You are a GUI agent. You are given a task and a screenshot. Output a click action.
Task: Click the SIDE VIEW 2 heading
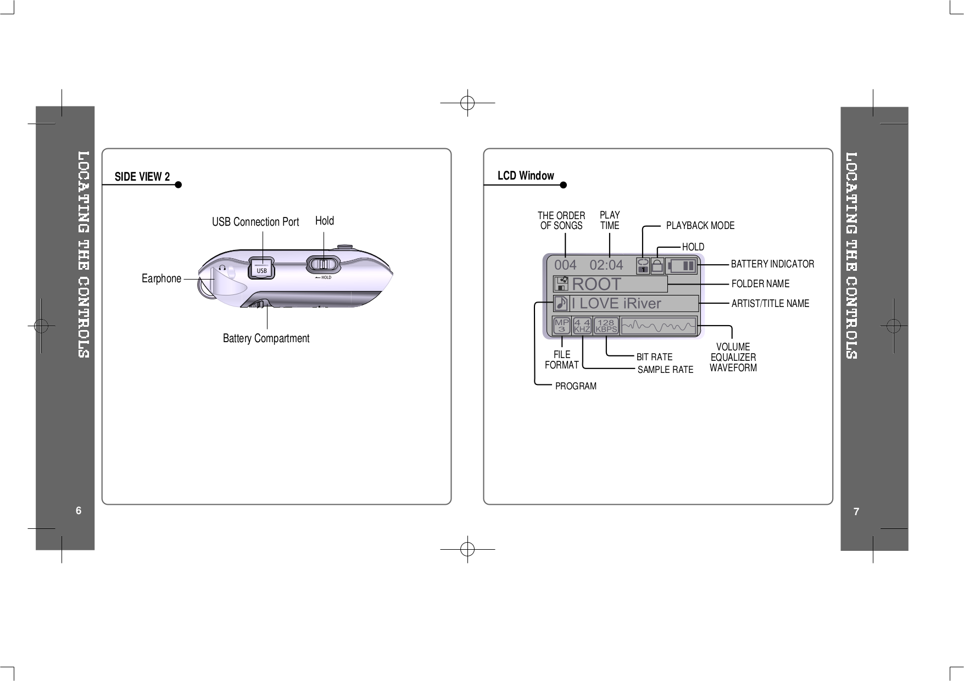[142, 176]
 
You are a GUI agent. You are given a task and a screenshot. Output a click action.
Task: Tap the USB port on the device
[262, 268]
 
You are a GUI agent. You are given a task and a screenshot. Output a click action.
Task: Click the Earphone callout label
[161, 278]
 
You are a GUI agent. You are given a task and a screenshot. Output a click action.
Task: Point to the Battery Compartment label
[266, 338]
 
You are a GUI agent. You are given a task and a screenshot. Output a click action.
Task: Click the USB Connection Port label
[255, 222]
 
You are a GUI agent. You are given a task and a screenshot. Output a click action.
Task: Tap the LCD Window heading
[526, 176]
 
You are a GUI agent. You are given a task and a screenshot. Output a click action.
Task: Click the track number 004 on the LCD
[565, 265]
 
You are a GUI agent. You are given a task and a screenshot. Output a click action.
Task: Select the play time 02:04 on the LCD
[606, 265]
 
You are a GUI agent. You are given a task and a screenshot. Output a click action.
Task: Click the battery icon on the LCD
[682, 266]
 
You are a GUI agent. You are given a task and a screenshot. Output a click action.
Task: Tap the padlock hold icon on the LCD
[657, 266]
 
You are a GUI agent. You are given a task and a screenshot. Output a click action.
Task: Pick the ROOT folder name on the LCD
[597, 284]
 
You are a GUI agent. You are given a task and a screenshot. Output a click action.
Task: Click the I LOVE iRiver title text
[616, 303]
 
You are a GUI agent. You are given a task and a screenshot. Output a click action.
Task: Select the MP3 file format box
[561, 326]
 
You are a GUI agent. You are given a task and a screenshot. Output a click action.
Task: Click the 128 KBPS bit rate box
[606, 326]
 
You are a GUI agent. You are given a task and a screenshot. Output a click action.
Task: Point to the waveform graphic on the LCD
[659, 326]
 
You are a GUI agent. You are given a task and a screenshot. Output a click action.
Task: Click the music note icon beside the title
[561, 303]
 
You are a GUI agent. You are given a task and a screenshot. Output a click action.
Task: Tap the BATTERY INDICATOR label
[772, 264]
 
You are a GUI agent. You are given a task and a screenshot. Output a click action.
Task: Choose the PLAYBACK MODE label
[700, 226]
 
